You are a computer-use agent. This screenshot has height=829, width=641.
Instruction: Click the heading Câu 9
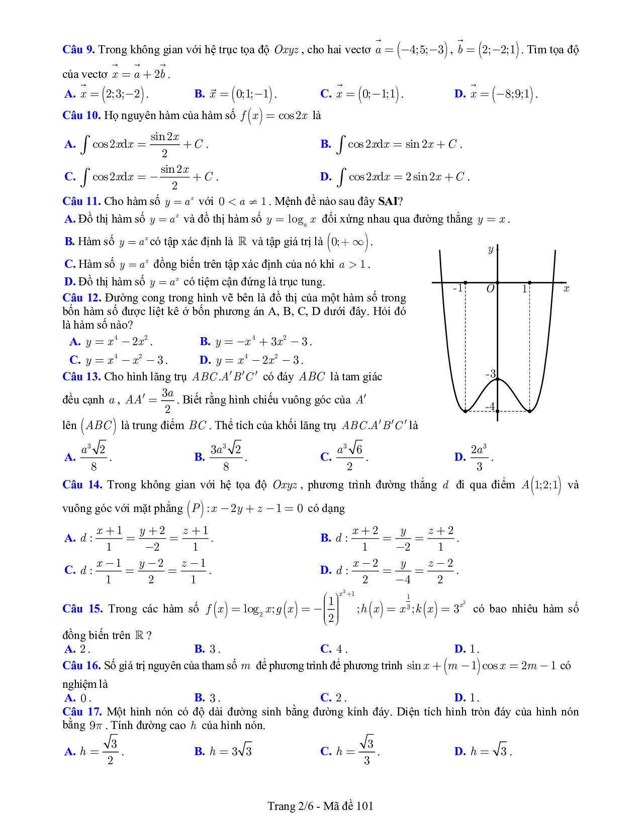tap(78, 50)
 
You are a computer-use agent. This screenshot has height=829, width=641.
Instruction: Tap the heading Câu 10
tap(81, 116)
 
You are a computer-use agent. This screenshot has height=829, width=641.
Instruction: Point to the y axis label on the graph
tap(490, 249)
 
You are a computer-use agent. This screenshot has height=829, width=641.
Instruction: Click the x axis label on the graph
tap(566, 288)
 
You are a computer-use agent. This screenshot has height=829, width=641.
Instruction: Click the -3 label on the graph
tap(490, 373)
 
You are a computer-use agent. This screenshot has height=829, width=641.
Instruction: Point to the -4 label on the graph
tap(490, 406)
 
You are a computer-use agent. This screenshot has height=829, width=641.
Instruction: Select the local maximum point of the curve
tap(497, 379)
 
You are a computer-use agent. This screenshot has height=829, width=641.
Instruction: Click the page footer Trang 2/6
tap(320, 806)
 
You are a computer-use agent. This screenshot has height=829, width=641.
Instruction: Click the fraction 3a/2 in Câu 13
tap(167, 400)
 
